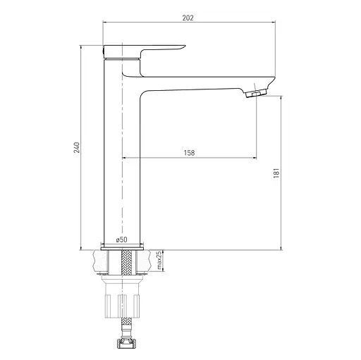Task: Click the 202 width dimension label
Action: click(x=188, y=18)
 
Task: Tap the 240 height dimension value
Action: click(x=77, y=147)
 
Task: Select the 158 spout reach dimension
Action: click(x=189, y=153)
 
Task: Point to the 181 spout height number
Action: click(x=276, y=173)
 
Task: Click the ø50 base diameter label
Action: click(x=121, y=240)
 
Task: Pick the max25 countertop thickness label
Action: click(x=159, y=261)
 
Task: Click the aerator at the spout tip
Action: click(x=256, y=93)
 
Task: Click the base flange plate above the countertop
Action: click(x=122, y=249)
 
